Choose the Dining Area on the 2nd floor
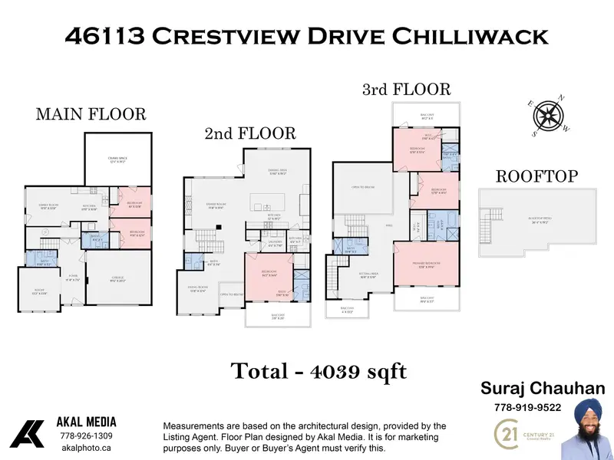277,173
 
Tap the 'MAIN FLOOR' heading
91,114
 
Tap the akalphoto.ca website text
87,449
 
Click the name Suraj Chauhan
542,389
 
